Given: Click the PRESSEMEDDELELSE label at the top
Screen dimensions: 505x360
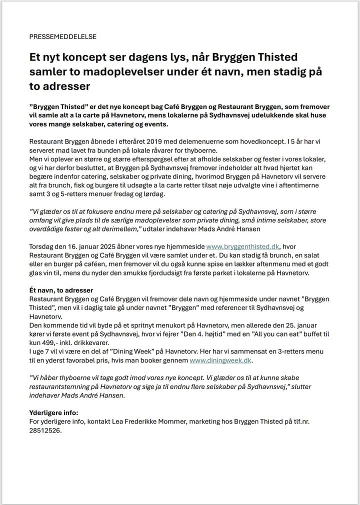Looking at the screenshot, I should tap(63, 36).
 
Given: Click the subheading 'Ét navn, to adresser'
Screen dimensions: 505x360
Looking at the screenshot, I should tap(64, 290).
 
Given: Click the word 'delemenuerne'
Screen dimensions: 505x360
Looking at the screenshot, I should tap(185, 141).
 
